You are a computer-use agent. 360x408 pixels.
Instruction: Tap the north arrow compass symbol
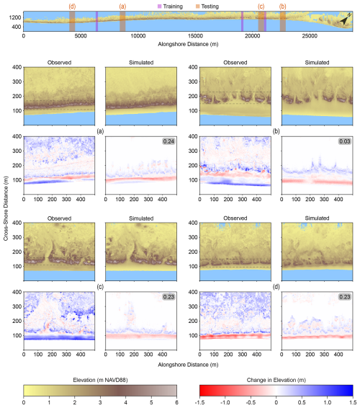pos(346,21)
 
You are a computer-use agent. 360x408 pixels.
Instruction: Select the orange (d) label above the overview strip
pos(72,6)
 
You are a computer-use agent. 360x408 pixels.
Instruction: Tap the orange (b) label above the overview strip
pos(282,6)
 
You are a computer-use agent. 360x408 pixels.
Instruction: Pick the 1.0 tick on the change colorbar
pos(328,402)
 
